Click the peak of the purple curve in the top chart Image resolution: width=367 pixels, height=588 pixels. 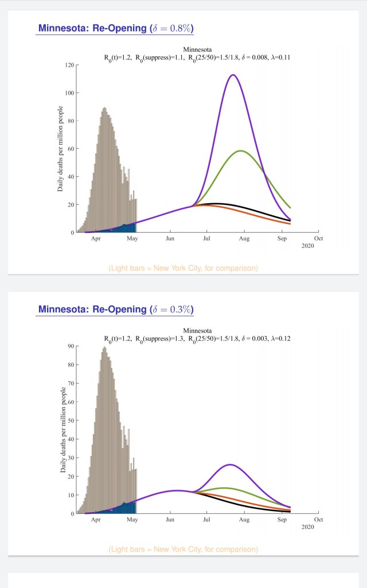pyautogui.click(x=233, y=75)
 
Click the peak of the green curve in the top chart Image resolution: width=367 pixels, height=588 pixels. pyautogui.click(x=241, y=151)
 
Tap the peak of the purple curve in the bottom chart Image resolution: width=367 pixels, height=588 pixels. pyautogui.click(x=230, y=465)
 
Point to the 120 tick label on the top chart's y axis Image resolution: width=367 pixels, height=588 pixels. pyautogui.click(x=70, y=65)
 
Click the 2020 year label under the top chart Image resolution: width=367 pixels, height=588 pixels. pyautogui.click(x=308, y=245)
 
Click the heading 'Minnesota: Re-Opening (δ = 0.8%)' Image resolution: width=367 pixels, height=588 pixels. pyautogui.click(x=115, y=29)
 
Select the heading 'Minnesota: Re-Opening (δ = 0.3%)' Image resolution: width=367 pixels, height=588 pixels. pyautogui.click(x=115, y=310)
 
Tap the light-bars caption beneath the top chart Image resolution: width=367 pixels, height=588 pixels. pyautogui.click(x=183, y=268)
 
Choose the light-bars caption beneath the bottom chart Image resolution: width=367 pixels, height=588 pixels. pyautogui.click(x=183, y=550)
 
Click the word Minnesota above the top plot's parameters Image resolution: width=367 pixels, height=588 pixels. pyautogui.click(x=197, y=49)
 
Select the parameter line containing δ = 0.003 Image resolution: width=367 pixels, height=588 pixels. pyautogui.click(x=197, y=338)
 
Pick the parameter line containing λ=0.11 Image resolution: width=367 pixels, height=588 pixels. pyautogui.click(x=197, y=57)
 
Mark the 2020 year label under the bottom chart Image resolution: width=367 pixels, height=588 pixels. pyautogui.click(x=308, y=527)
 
